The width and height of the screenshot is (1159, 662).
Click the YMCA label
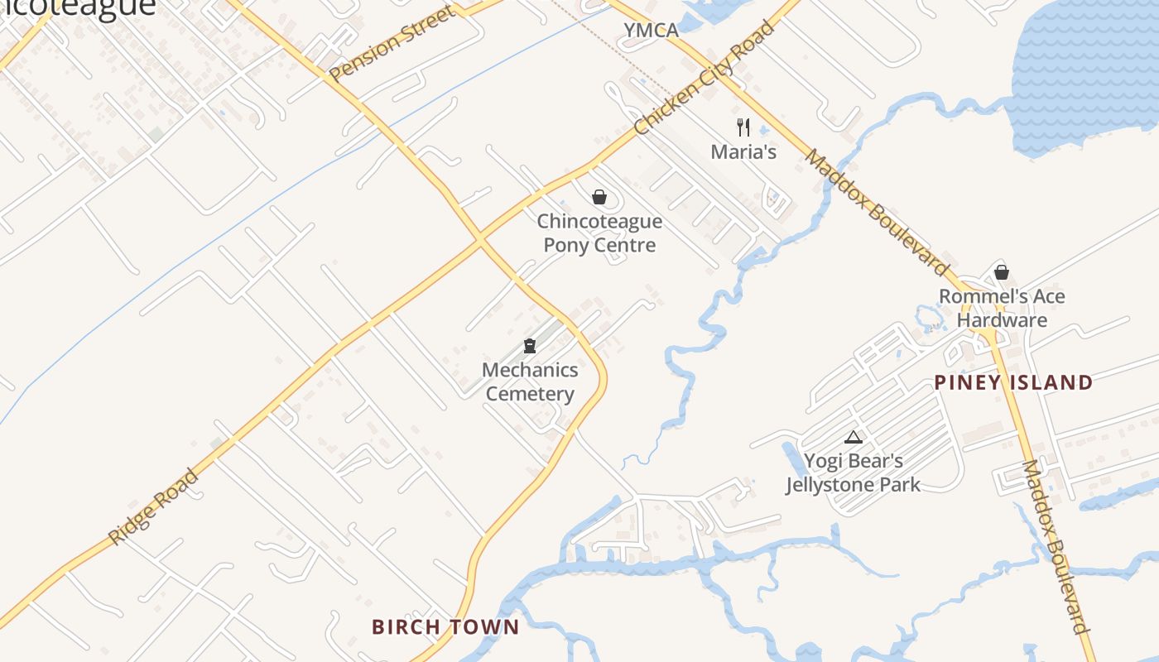point(651,31)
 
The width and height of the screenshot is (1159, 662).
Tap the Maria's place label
point(743,151)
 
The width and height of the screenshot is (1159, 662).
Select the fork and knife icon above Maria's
point(743,127)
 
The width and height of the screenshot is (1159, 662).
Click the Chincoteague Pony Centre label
point(599,233)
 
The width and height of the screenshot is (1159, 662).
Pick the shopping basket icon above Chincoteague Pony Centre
point(599,197)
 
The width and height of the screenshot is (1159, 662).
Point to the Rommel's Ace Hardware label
point(1002,308)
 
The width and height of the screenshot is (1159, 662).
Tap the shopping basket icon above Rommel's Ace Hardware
point(1002,271)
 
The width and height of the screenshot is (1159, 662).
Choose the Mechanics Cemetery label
point(530,381)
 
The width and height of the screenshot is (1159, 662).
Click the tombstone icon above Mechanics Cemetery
point(530,346)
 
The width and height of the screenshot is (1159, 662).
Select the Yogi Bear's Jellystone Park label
point(853,473)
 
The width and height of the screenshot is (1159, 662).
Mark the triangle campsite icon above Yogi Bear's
point(854,437)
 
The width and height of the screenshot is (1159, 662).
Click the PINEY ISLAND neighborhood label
point(1013,382)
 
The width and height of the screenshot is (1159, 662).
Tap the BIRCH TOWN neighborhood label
point(445,626)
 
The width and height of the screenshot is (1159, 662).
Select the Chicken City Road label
point(705,79)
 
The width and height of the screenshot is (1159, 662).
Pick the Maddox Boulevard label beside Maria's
point(877,213)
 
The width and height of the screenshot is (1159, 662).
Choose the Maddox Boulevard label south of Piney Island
point(1055,546)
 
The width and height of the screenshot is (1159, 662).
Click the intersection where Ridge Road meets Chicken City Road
point(480,239)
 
